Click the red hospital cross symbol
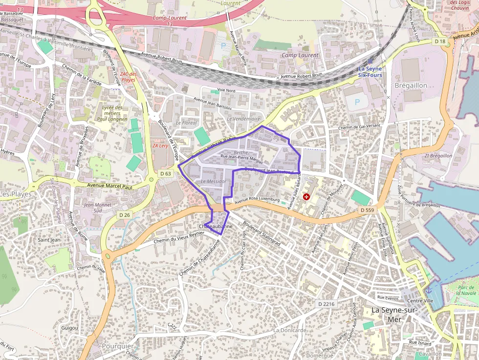(306, 197)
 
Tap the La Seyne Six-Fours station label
(370, 72)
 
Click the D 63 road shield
(166, 173)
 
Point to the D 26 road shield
(124, 214)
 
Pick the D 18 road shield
(440, 42)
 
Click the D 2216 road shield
(327, 304)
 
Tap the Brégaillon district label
(411, 85)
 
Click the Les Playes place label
(15, 194)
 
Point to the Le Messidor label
(213, 181)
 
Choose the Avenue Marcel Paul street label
(109, 186)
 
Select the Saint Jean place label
(49, 240)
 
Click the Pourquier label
(118, 346)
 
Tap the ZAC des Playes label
(128, 77)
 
